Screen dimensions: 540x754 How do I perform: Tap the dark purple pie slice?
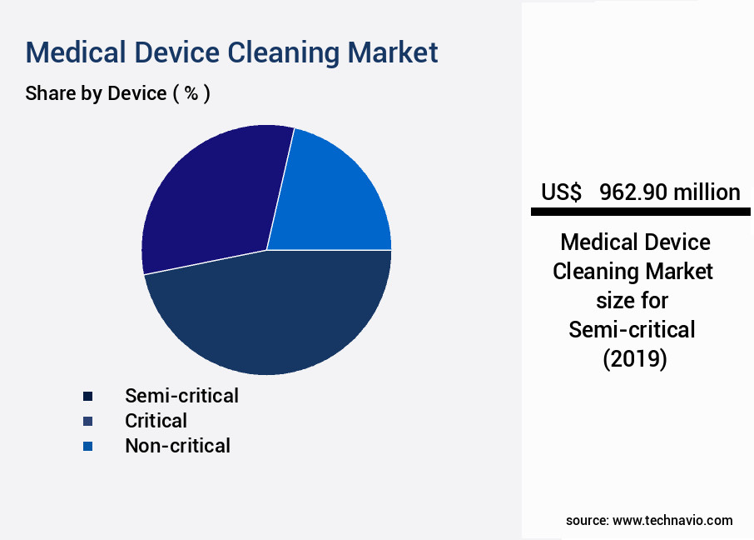tap(212, 200)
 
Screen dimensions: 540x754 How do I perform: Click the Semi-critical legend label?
tap(181, 395)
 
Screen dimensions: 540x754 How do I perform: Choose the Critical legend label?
tap(156, 420)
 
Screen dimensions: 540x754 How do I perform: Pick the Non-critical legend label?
tap(177, 446)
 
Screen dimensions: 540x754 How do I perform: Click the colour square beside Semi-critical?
tap(87, 396)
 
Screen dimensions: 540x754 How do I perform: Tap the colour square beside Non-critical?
tap(87, 447)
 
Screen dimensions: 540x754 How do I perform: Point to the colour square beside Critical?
tap(87, 421)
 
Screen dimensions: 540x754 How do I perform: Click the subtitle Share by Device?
tap(96, 93)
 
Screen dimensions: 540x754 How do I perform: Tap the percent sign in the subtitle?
tap(191, 93)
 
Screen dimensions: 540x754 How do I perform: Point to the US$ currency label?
tap(561, 192)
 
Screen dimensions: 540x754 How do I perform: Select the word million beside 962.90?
tap(707, 192)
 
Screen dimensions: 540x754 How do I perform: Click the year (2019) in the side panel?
tap(634, 359)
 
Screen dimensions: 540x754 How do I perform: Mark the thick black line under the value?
tap(640, 212)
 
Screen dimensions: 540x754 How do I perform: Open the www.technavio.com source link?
tap(672, 520)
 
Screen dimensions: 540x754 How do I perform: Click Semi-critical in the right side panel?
tap(632, 330)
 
